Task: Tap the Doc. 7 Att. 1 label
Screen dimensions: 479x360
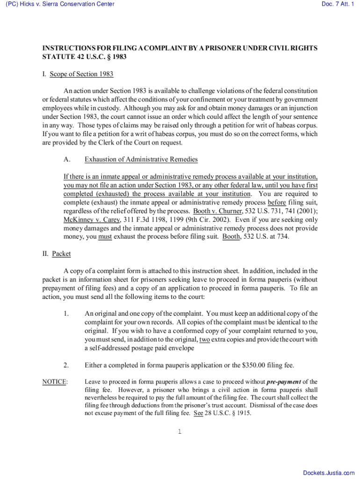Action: (x=336, y=5)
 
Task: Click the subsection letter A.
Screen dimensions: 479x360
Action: (x=67, y=160)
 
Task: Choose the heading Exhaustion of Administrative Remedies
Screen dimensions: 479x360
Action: (x=141, y=160)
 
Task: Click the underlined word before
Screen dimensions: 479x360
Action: (x=276, y=203)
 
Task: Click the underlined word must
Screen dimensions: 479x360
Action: (x=105, y=236)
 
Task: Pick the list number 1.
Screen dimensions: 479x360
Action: (x=67, y=313)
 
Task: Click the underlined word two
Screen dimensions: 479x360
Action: (x=204, y=339)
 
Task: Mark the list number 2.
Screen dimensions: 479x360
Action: (x=67, y=365)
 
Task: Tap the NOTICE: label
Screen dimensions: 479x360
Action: (x=55, y=382)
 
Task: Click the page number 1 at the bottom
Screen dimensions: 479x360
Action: (x=180, y=431)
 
